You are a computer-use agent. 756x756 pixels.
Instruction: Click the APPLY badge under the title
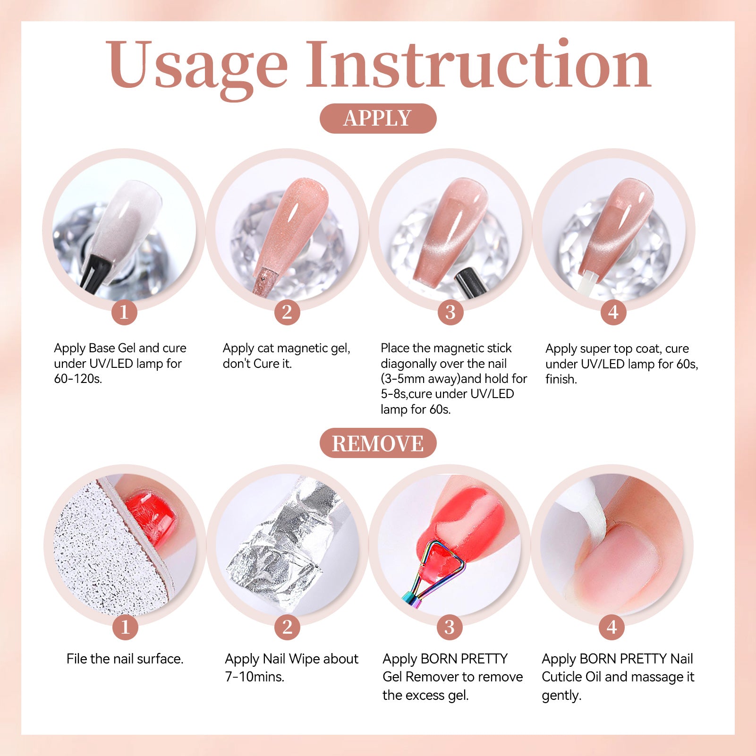coord(378,118)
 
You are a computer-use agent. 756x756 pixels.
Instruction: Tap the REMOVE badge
coord(378,443)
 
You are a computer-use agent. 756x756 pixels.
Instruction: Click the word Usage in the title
coord(196,66)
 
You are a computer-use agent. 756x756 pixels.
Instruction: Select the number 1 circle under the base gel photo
coord(124,312)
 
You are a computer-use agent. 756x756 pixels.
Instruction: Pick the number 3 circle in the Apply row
coord(450,312)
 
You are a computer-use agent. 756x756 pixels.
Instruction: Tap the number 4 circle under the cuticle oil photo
coord(612,627)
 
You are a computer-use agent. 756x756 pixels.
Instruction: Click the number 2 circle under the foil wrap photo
coord(287,627)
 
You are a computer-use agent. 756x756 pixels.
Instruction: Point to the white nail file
coord(111,548)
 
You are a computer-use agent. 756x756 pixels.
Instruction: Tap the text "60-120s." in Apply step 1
coord(78,379)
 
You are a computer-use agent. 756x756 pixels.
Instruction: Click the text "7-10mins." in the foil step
coord(255,677)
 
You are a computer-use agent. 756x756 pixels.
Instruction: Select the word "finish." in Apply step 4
coord(561,379)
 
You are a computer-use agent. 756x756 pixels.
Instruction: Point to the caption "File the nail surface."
coord(125,659)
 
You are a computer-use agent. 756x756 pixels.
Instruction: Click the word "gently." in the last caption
coord(561,696)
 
